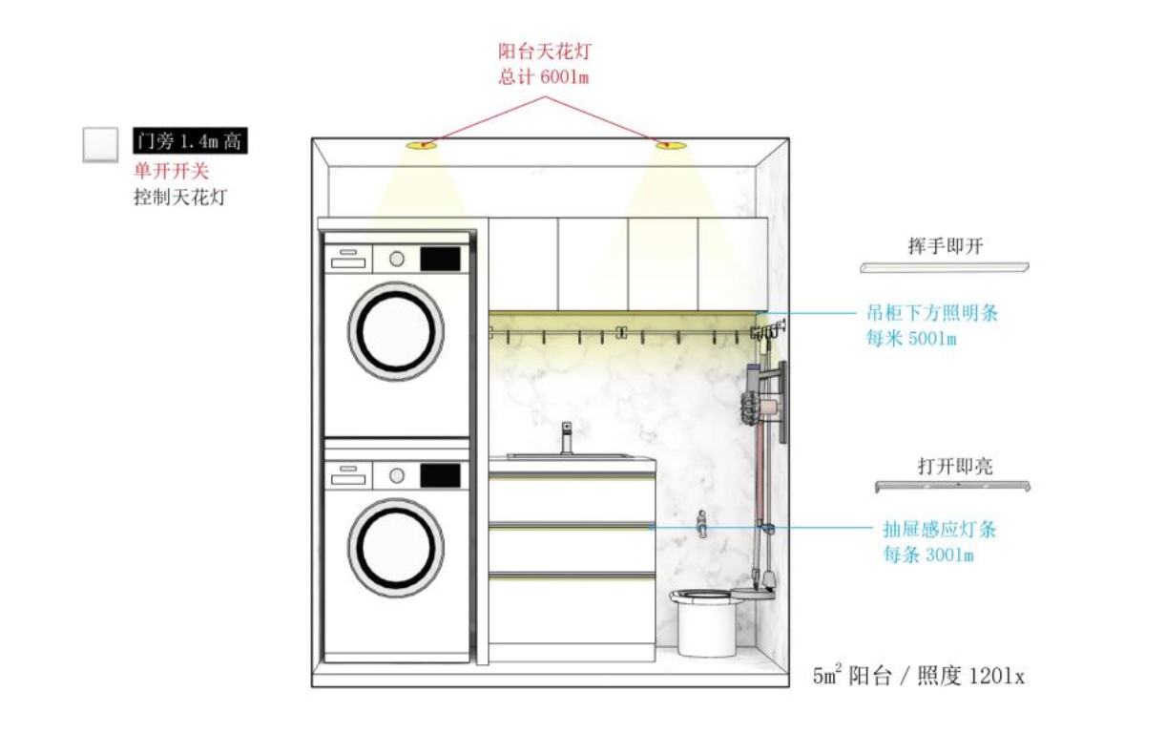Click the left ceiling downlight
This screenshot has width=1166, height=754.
pyautogui.click(x=421, y=145)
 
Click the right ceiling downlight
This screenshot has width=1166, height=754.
pyautogui.click(x=672, y=145)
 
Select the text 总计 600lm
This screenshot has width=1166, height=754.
pyautogui.click(x=543, y=77)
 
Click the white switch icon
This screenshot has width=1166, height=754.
pyautogui.click(x=100, y=144)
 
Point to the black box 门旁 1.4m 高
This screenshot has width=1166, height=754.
pyautogui.click(x=191, y=142)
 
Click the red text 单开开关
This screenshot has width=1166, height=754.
pyautogui.click(x=171, y=171)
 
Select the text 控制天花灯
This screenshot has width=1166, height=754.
pyautogui.click(x=181, y=198)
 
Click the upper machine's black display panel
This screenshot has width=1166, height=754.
pyautogui.click(x=441, y=258)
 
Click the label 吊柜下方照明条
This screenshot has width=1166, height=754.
pyautogui.click(x=931, y=312)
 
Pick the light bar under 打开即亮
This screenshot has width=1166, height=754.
pyautogui.click(x=954, y=487)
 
